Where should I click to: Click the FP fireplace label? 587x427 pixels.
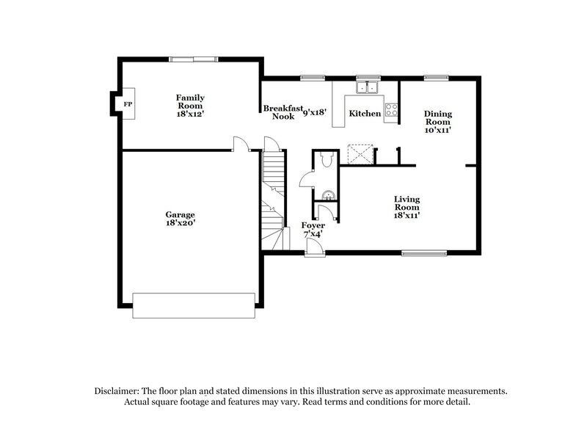pyautogui.click(x=128, y=104)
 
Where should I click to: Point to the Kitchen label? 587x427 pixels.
pyautogui.click(x=365, y=114)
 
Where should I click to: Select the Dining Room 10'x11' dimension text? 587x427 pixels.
pyautogui.click(x=438, y=129)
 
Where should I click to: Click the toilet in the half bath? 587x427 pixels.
pyautogui.click(x=325, y=159)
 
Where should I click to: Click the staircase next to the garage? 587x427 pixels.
pyautogui.click(x=273, y=198)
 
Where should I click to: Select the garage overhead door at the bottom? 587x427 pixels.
pyautogui.click(x=194, y=305)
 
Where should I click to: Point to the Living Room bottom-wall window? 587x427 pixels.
pyautogui.click(x=423, y=254)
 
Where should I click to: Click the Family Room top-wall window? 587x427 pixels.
pyautogui.click(x=193, y=59)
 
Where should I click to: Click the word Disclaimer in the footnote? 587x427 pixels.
pyautogui.click(x=120, y=391)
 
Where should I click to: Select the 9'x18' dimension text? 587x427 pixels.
pyautogui.click(x=314, y=113)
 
